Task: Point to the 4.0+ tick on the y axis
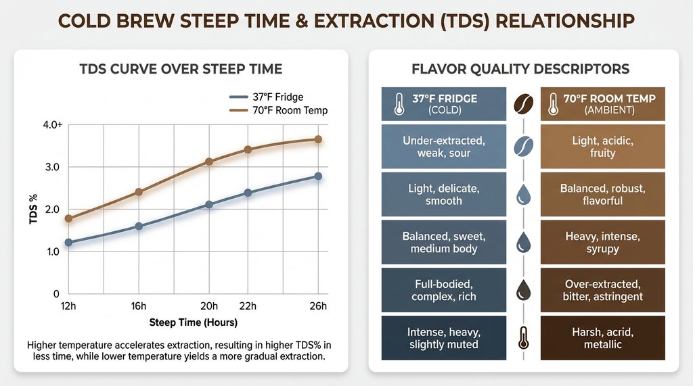click(x=51, y=125)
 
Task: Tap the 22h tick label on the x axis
click(x=248, y=306)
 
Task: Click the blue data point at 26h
click(x=318, y=176)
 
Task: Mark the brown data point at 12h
click(x=68, y=218)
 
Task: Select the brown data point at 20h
click(x=209, y=162)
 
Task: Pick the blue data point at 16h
click(x=139, y=226)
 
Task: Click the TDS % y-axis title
click(x=32, y=211)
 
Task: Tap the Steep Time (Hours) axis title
click(x=193, y=322)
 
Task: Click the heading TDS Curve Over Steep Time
click(x=181, y=69)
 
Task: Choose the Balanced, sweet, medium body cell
click(x=443, y=242)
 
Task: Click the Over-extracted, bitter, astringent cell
click(x=602, y=290)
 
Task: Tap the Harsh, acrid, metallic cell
click(x=602, y=338)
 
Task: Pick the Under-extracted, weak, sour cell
click(x=443, y=147)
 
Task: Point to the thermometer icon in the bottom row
click(x=523, y=337)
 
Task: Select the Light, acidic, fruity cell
click(x=602, y=147)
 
